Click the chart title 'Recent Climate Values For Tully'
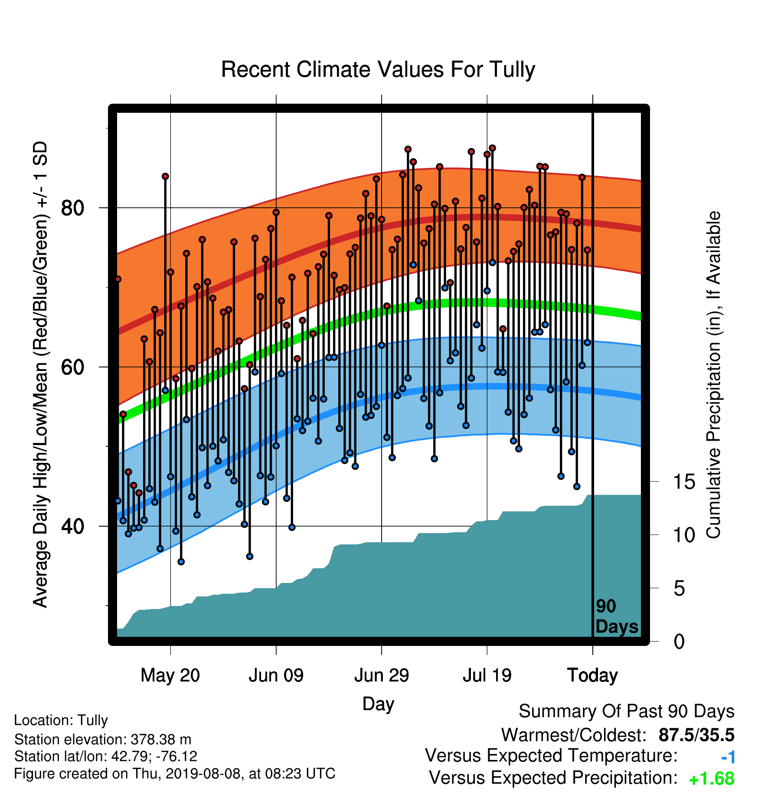[378, 69]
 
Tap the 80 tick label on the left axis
[72, 208]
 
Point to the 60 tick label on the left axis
[72, 367]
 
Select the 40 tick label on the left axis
[72, 526]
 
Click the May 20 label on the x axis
[170, 675]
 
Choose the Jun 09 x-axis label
[276, 675]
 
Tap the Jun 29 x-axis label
[382, 675]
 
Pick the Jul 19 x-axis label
[487, 675]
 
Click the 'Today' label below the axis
[592, 675]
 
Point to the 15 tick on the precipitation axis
[684, 482]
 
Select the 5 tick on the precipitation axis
[680, 589]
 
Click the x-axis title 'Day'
[378, 704]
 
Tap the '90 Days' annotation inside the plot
[617, 616]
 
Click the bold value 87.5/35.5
[696, 735]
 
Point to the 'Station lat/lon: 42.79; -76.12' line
[106, 756]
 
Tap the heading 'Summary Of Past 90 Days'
[627, 711]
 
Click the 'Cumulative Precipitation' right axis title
[714, 375]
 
